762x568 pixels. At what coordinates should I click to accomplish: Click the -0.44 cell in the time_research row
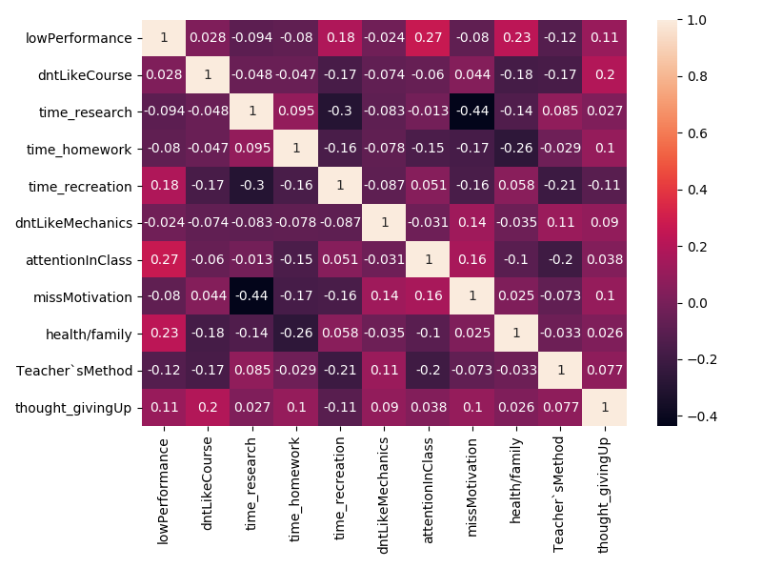pyautogui.click(x=471, y=112)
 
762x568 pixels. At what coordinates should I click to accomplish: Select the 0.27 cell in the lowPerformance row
pyautogui.click(x=428, y=37)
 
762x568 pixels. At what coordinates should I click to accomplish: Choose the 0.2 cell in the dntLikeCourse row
pyautogui.click(x=604, y=74)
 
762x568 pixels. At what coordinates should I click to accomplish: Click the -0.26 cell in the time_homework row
pyautogui.click(x=515, y=149)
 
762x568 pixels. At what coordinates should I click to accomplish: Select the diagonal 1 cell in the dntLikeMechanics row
pyautogui.click(x=384, y=222)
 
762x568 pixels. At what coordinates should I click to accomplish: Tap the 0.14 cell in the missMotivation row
pyautogui.click(x=384, y=296)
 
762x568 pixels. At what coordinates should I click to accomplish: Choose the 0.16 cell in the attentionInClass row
pyautogui.click(x=471, y=259)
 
